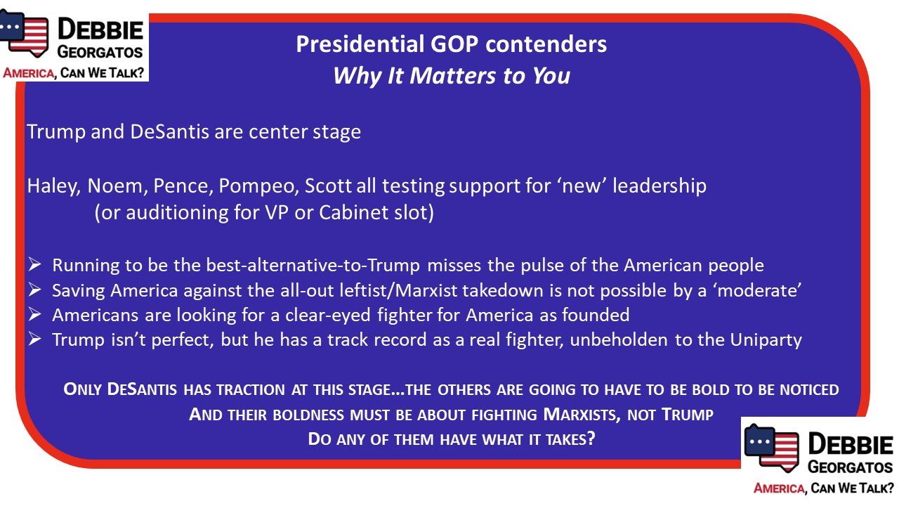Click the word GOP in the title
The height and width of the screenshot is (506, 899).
pyautogui.click(x=454, y=44)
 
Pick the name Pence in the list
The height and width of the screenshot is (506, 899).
pyautogui.click(x=183, y=186)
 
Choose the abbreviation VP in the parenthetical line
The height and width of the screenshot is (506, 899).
pyautogui.click(x=276, y=212)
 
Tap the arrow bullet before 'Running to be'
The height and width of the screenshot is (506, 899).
pyautogui.click(x=35, y=264)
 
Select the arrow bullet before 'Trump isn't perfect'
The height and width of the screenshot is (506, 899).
pyautogui.click(x=35, y=339)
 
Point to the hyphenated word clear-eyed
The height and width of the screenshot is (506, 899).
pyautogui.click(x=328, y=316)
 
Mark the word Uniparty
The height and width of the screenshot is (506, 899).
pyautogui.click(x=766, y=340)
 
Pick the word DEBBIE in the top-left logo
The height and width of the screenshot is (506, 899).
pyautogui.click(x=100, y=30)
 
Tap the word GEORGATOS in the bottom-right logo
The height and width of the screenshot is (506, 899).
pyautogui.click(x=851, y=467)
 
